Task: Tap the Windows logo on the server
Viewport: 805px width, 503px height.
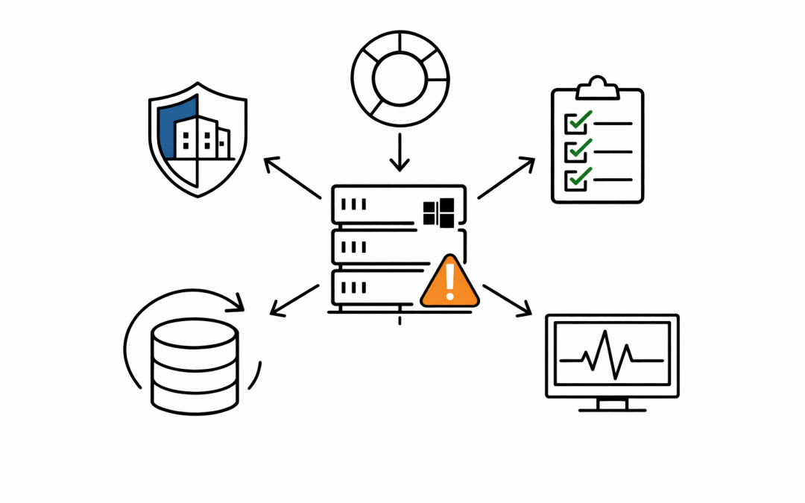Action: pos(438,212)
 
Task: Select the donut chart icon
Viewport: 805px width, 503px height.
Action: pos(400,78)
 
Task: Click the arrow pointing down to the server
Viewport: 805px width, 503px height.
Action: pos(400,152)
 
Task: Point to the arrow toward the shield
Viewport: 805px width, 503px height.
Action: pos(292,177)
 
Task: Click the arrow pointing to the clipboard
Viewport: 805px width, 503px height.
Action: pos(506,177)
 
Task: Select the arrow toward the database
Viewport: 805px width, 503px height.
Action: pos(294,300)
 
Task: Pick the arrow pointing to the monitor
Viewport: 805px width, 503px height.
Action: pos(507,300)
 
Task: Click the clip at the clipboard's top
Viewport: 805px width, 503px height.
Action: pos(597,88)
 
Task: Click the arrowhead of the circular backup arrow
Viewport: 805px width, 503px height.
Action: pos(237,302)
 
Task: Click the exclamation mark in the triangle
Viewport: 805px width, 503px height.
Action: pos(449,282)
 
